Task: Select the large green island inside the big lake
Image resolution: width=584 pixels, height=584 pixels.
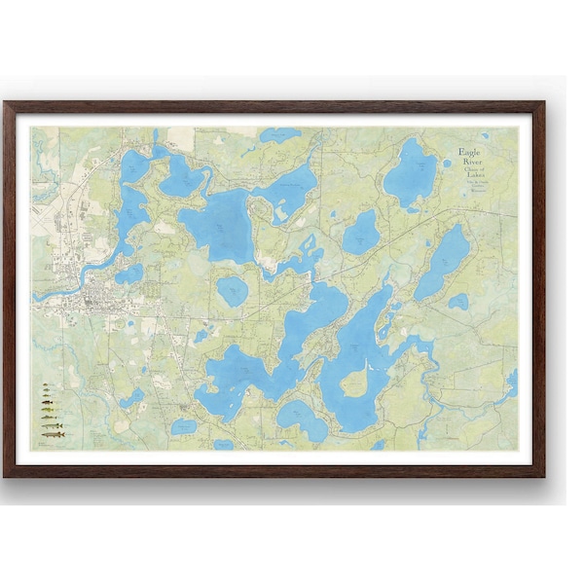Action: (x=355, y=383)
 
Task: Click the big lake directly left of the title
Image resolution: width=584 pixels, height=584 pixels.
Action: (x=411, y=172)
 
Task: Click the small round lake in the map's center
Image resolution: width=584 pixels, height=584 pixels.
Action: (x=232, y=289)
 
